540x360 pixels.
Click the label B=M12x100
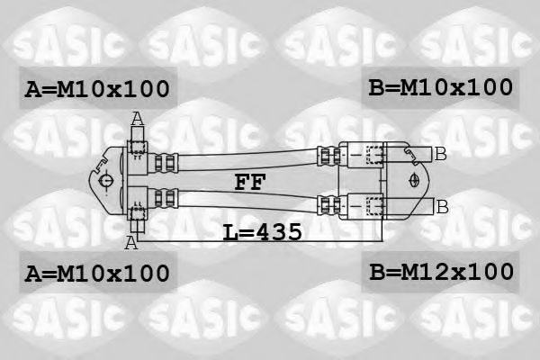point(441,272)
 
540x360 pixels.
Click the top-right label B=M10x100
point(440,87)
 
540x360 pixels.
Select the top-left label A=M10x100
point(97,89)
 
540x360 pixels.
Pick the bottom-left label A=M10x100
point(97,274)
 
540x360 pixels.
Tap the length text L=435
point(263,232)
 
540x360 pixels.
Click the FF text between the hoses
point(250,182)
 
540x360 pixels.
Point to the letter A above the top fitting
point(138,119)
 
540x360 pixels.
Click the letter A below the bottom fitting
point(131,242)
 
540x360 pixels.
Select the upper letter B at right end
point(440,154)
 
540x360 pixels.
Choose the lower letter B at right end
point(442,207)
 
